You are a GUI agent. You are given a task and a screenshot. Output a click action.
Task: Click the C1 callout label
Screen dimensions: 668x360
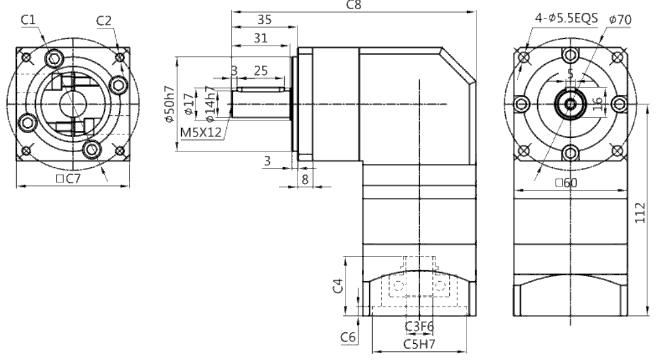pos(28,20)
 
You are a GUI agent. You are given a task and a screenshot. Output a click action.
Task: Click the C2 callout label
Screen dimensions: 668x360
pos(104,20)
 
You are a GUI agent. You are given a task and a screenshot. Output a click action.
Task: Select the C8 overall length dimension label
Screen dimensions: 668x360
pos(354,5)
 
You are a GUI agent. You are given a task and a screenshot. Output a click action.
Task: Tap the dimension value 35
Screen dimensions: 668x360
pos(265,20)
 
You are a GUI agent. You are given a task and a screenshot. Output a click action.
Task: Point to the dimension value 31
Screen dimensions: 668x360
pos(260,38)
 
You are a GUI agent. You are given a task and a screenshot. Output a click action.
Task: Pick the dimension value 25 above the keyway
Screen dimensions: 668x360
pos(260,70)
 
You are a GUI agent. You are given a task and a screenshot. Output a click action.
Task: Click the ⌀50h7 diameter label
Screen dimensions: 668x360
pos(170,104)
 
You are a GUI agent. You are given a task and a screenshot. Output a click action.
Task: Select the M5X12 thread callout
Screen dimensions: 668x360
pos(201,133)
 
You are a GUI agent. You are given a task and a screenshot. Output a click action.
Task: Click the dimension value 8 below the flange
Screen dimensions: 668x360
pos(304,179)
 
